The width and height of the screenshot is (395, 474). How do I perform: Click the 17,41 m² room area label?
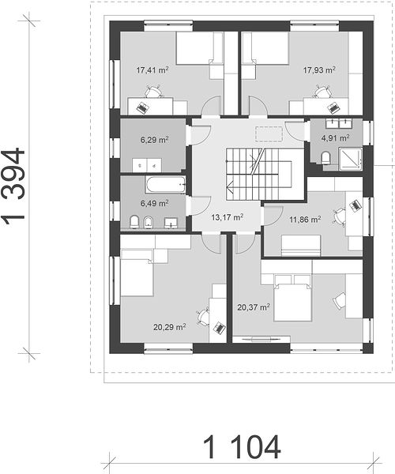click(x=152, y=70)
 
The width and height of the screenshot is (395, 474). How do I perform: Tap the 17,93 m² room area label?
click(x=319, y=70)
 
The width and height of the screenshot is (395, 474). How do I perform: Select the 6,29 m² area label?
click(x=154, y=140)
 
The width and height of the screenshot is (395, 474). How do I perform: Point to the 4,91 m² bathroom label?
click(x=336, y=138)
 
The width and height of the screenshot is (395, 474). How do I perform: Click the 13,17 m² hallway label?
click(x=228, y=217)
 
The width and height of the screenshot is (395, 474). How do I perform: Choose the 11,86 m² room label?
click(x=305, y=220)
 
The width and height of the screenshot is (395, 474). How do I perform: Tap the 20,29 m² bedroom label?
click(x=170, y=327)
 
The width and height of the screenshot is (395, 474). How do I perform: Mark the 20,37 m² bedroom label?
click(x=254, y=307)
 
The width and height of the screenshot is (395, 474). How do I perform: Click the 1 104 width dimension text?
click(x=242, y=447)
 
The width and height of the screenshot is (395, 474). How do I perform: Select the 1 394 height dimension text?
click(x=13, y=187)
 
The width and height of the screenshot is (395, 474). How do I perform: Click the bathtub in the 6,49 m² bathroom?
click(x=165, y=185)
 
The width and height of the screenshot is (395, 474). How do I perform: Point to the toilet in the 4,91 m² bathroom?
click(x=325, y=158)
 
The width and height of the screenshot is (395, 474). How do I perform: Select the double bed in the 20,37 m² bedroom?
click(x=292, y=298)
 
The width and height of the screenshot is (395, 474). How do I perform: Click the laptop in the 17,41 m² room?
click(x=142, y=107)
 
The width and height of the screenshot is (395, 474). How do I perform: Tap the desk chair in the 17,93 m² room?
click(x=322, y=92)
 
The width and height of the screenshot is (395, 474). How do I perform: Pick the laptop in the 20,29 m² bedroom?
click(x=220, y=327)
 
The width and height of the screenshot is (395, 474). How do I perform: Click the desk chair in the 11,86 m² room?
click(x=339, y=216)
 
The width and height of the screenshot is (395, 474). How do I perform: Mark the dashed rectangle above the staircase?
click(x=269, y=134)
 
